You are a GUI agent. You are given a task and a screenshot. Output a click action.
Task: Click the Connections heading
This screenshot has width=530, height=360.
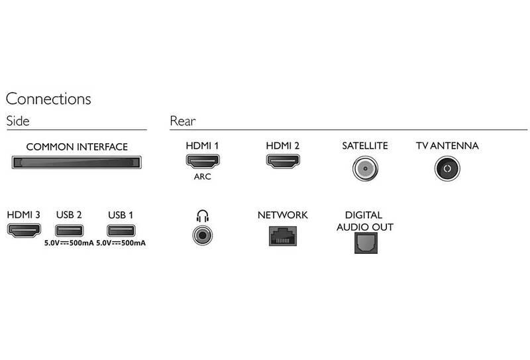[48, 99]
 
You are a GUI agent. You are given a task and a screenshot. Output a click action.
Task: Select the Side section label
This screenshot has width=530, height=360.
[18, 121]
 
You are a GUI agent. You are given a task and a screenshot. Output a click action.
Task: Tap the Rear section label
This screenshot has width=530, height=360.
[182, 121]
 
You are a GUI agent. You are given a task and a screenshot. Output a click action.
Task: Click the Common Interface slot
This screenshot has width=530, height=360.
[77, 162]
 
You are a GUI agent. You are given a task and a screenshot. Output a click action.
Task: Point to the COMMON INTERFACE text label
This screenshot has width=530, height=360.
[77, 147]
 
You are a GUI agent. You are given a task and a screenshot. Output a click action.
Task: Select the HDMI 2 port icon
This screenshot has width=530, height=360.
[283, 160]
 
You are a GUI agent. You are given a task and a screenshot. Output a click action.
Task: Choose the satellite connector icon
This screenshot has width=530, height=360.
[364, 168]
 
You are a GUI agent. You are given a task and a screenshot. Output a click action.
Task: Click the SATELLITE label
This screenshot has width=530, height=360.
[364, 146]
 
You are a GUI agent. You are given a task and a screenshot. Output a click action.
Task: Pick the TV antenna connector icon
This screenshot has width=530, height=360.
[447, 168]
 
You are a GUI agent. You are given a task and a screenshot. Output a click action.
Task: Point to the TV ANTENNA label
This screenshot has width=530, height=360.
[447, 146]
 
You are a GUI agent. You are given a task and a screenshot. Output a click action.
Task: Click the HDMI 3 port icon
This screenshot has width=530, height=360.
[24, 231]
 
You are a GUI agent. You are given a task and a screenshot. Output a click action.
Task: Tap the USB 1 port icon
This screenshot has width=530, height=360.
[120, 231]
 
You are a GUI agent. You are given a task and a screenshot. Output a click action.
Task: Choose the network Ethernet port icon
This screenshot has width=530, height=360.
[282, 235]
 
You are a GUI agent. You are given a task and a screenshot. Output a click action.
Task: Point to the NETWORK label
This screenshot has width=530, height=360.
[282, 215]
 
